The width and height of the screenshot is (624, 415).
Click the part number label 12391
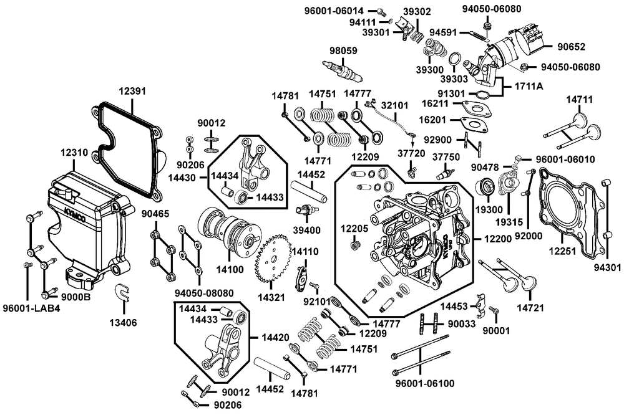click(x=132, y=91)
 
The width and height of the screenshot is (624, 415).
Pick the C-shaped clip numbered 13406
click(x=122, y=292)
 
